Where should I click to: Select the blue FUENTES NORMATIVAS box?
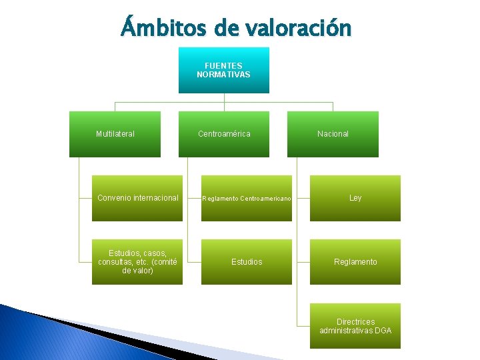(224, 70)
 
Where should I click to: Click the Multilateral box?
(115, 134)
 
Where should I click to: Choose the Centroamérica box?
(224, 134)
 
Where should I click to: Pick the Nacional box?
(333, 134)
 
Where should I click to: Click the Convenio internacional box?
(137, 198)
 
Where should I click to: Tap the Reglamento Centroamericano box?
(247, 198)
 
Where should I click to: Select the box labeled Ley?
(355, 198)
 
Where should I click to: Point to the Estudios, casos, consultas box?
(137, 262)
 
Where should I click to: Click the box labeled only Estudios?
(247, 262)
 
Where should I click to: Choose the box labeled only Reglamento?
(355, 262)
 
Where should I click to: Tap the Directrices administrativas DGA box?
(355, 326)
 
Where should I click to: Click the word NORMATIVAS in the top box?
(224, 75)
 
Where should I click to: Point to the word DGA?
(383, 331)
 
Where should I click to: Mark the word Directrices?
(355, 321)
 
